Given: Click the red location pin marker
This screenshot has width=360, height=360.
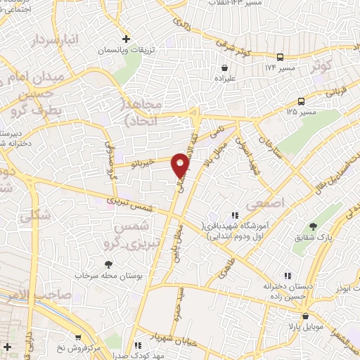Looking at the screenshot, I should click(x=181, y=165).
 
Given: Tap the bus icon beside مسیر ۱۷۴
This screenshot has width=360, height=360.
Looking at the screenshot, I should click(x=281, y=57).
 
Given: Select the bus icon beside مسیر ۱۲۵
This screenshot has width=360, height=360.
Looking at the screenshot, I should click(x=300, y=101).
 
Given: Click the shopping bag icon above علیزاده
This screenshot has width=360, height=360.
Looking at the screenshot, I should click(x=224, y=68).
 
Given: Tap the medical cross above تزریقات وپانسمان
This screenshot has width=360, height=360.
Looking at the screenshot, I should click(x=125, y=38).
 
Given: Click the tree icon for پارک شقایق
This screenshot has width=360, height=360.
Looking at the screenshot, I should click(x=314, y=226).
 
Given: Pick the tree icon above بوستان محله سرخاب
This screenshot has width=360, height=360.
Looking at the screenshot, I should click(x=108, y=264).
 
